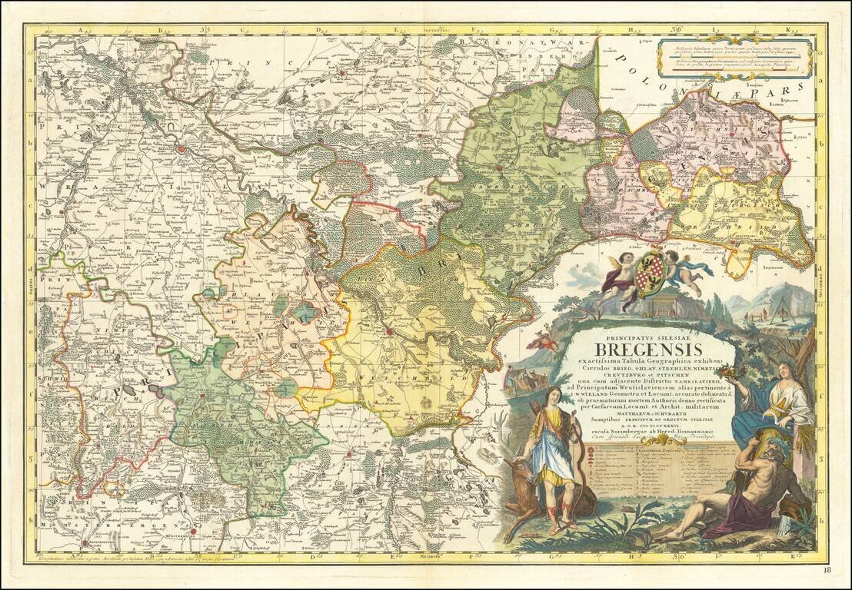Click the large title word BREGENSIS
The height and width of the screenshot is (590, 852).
click(654, 351)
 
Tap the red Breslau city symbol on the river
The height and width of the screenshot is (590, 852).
click(181, 149)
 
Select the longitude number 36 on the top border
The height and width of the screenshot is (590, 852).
click(677, 30)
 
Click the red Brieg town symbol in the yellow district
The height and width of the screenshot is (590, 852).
click(390, 332)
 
